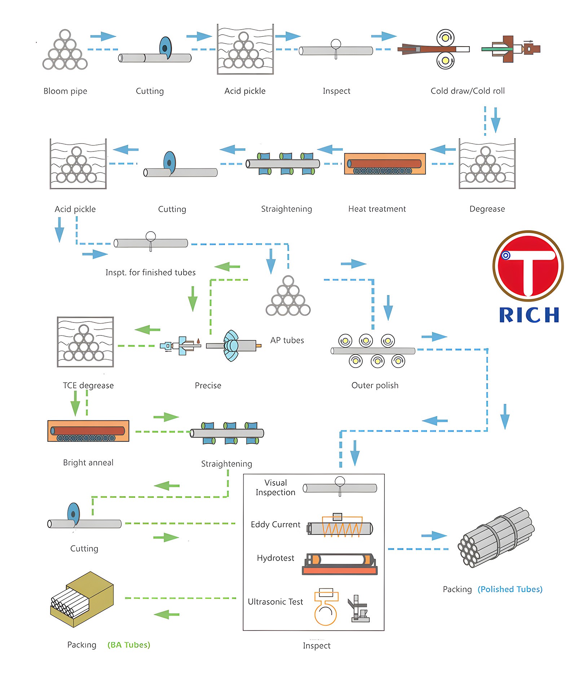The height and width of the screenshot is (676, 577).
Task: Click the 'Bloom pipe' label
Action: click(65, 91)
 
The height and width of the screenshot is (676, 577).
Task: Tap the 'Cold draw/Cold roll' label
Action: click(467, 91)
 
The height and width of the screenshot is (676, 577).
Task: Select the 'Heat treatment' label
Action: click(377, 209)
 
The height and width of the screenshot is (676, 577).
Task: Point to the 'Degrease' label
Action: click(487, 209)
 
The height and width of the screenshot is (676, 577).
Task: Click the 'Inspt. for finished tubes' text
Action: click(150, 272)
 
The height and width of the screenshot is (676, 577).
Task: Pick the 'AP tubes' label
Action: click(287, 340)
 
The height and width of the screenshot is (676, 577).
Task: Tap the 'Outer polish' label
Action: click(375, 385)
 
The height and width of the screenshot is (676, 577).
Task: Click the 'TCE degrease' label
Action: click(88, 385)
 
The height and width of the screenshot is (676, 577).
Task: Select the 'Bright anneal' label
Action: click(88, 462)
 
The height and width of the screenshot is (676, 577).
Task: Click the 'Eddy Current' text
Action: click(276, 524)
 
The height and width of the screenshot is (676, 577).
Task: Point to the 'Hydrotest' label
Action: click(276, 558)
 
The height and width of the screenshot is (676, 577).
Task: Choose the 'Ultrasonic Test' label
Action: click(275, 602)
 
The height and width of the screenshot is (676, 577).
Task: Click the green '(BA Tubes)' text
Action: click(129, 645)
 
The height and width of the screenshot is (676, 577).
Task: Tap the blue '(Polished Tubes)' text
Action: click(510, 589)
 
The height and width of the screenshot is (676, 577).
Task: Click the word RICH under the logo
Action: click(529, 315)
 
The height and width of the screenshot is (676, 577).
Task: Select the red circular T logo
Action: click(528, 266)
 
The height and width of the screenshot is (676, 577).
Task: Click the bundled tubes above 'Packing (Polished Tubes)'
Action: click(496, 537)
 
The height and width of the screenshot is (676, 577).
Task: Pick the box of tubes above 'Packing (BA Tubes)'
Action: click(82, 599)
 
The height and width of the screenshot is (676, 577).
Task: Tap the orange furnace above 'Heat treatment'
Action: click(385, 164)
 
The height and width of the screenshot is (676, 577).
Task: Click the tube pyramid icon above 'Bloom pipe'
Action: click(65, 50)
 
